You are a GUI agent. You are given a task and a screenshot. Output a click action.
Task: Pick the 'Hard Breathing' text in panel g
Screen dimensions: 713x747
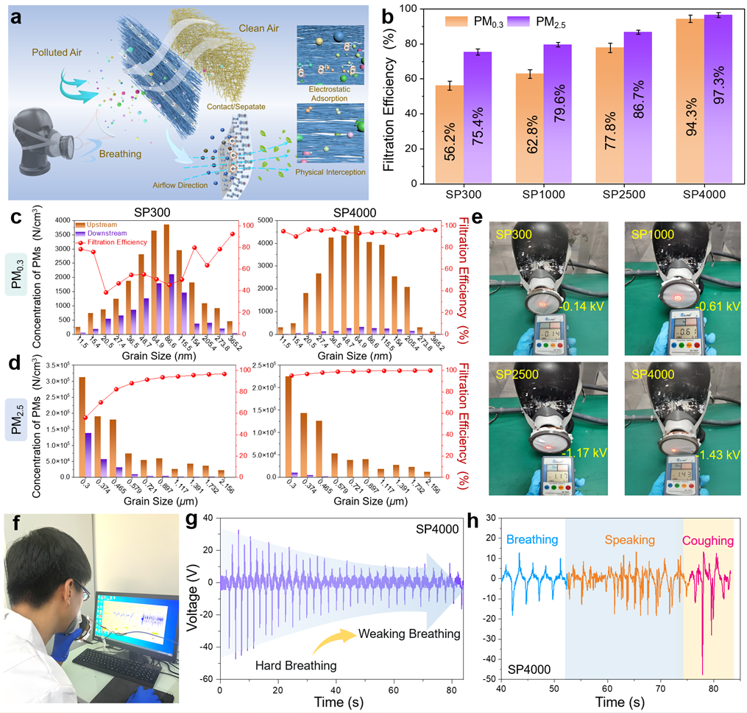tap(296, 665)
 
